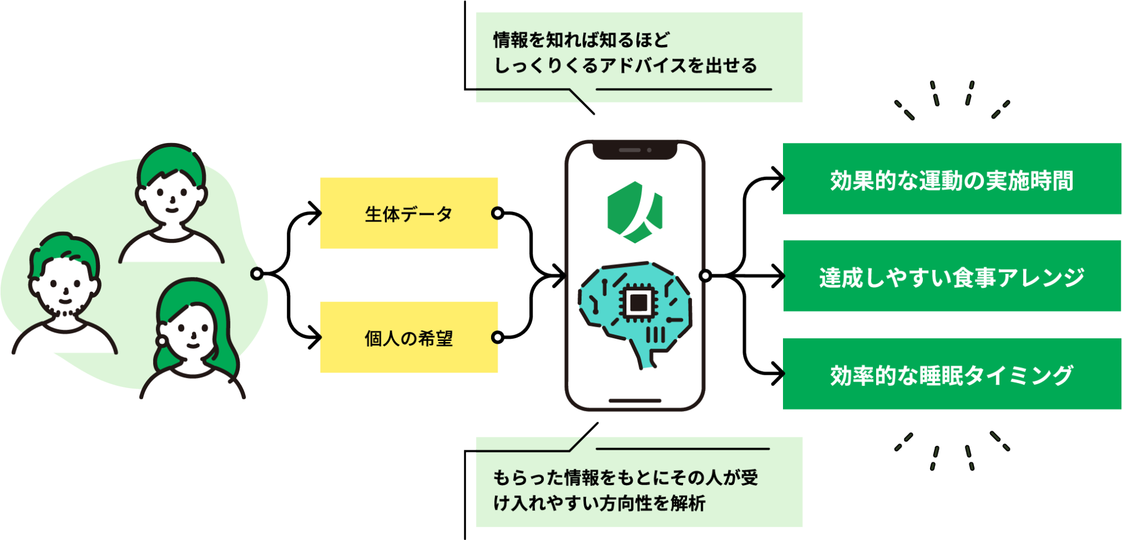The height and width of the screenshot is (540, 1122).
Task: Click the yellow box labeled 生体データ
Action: pyautogui.click(x=409, y=213)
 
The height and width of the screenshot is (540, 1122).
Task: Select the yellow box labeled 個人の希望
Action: pyautogui.click(x=409, y=338)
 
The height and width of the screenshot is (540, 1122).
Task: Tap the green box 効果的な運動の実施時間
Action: pyautogui.click(x=951, y=179)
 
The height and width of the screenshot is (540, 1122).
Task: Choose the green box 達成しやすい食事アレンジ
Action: pyautogui.click(x=951, y=276)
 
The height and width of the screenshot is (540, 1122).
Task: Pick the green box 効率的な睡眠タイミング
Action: pyautogui.click(x=951, y=374)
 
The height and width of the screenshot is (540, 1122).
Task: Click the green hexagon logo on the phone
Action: pyautogui.click(x=635, y=212)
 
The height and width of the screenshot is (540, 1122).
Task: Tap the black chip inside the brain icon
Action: pyautogui.click(x=638, y=303)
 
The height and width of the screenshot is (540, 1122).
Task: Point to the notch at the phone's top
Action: pyautogui.click(x=635, y=150)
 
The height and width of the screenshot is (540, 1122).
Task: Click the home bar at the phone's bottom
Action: pyautogui.click(x=635, y=400)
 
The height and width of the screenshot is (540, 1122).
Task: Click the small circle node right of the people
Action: pyautogui.click(x=257, y=274)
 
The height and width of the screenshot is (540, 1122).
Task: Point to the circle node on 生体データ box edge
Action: pyautogui.click(x=497, y=213)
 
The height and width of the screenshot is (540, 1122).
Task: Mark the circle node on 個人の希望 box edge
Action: pyautogui.click(x=497, y=337)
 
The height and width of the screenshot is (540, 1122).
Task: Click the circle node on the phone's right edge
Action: pyautogui.click(x=706, y=275)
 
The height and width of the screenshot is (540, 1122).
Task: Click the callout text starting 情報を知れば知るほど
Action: pyautogui.click(x=625, y=53)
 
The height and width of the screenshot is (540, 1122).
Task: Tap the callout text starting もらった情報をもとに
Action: pyautogui.click(x=625, y=490)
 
